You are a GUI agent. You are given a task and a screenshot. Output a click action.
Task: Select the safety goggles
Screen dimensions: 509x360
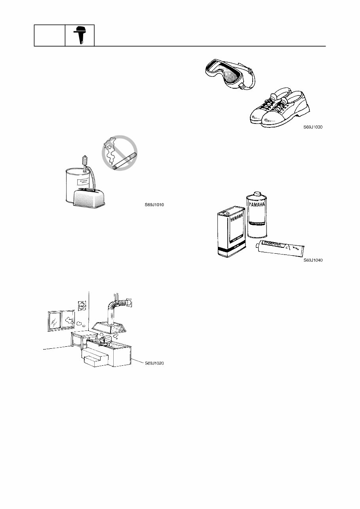(x=229, y=74)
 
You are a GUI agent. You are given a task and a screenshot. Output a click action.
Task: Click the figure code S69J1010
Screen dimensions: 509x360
(x=154, y=205)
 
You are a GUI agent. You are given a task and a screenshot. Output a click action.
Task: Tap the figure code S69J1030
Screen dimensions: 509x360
(x=313, y=127)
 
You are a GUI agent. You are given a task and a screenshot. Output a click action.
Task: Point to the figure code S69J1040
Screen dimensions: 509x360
(x=313, y=260)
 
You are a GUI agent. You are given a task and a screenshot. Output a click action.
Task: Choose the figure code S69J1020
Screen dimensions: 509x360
(x=154, y=363)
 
